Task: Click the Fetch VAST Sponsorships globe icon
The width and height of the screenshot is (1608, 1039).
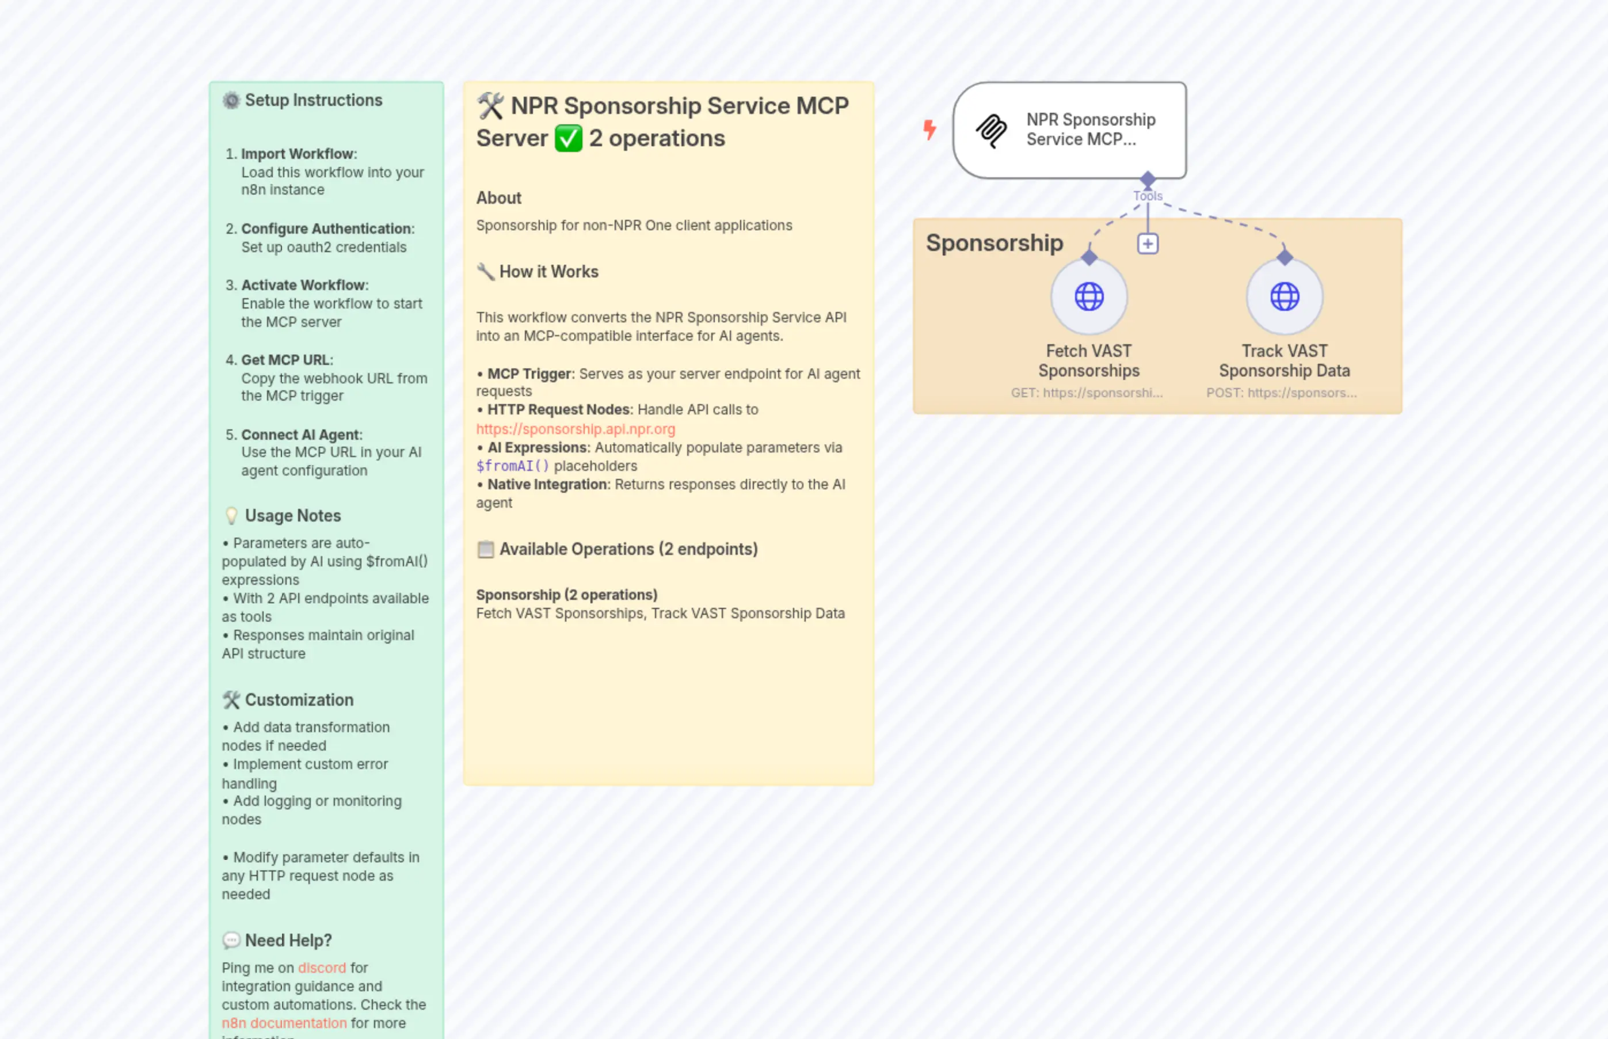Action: pos(1089,296)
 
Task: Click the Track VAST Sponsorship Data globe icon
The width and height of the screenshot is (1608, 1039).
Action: pos(1284,296)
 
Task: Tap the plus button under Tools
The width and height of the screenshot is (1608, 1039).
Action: pos(1148,243)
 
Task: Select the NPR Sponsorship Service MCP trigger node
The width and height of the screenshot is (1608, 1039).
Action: pos(1069,130)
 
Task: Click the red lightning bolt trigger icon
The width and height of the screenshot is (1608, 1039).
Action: pos(929,129)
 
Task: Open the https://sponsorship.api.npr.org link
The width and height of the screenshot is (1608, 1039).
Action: pos(576,429)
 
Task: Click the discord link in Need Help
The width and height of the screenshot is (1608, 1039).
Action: pos(322,968)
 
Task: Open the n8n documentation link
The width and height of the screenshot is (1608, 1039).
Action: pos(284,1023)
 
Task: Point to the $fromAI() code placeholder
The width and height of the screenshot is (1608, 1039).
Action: pos(513,466)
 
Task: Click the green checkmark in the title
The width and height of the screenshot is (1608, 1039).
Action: pos(568,138)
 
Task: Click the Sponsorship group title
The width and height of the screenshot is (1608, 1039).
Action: pos(994,243)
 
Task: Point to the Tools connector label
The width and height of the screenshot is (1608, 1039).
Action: pos(1148,196)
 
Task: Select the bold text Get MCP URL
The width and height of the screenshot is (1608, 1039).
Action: pos(285,360)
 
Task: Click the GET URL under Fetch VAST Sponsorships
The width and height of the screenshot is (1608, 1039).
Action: pos(1086,393)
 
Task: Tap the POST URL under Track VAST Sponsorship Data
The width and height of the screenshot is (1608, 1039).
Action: pos(1281,393)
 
